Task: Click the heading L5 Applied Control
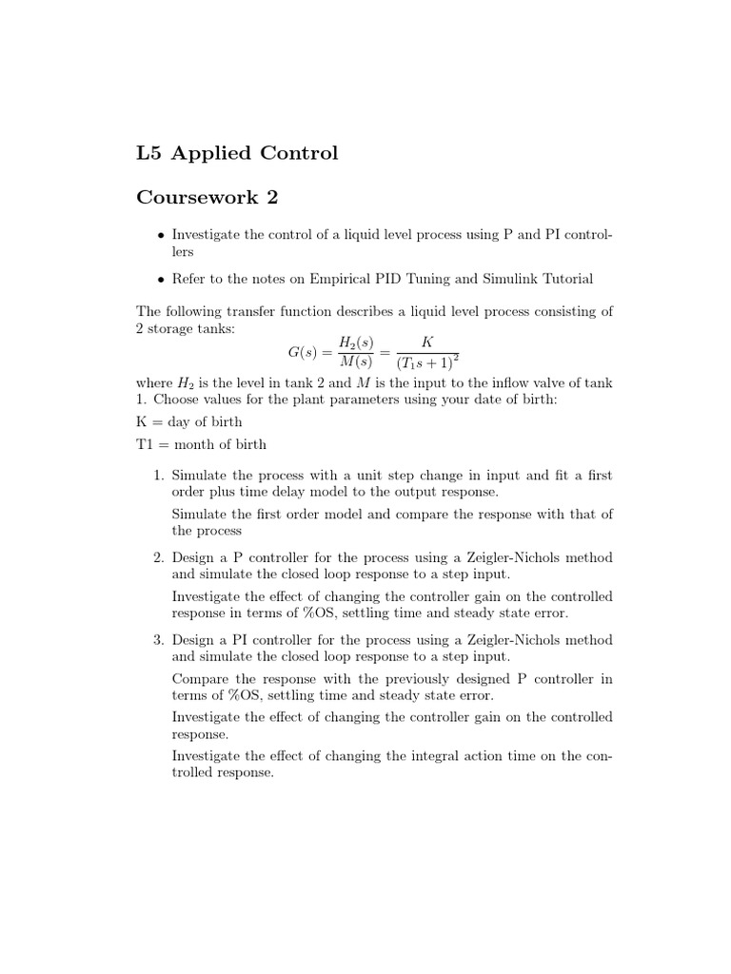click(x=237, y=153)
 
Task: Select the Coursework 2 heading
click(x=210, y=197)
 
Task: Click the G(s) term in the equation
click(x=306, y=353)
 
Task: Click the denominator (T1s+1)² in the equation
click(x=427, y=364)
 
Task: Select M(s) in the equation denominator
click(x=357, y=364)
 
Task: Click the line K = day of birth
click(x=189, y=421)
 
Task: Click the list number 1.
click(x=158, y=475)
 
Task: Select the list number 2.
click(x=158, y=557)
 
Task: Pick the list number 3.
click(x=158, y=640)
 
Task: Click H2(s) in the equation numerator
click(x=357, y=341)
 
